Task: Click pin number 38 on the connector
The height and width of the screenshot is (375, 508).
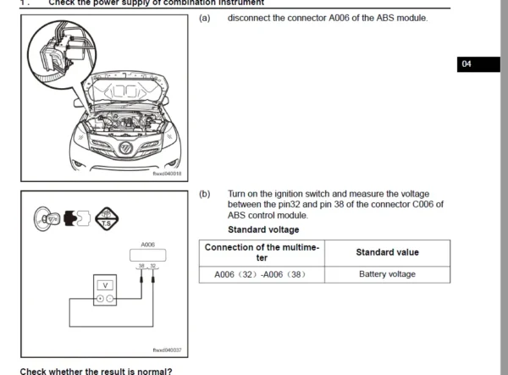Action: [x=141, y=266]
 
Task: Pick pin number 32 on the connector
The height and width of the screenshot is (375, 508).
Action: [x=153, y=266]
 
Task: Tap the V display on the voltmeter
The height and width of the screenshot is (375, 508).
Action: [x=105, y=285]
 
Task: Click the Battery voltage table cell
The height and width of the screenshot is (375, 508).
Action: [x=387, y=274]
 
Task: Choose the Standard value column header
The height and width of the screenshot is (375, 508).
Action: [x=387, y=252]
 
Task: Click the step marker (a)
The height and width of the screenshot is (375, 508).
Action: [x=204, y=18]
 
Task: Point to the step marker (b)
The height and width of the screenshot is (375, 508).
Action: [x=204, y=194]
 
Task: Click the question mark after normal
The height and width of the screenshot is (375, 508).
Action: [x=169, y=371]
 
